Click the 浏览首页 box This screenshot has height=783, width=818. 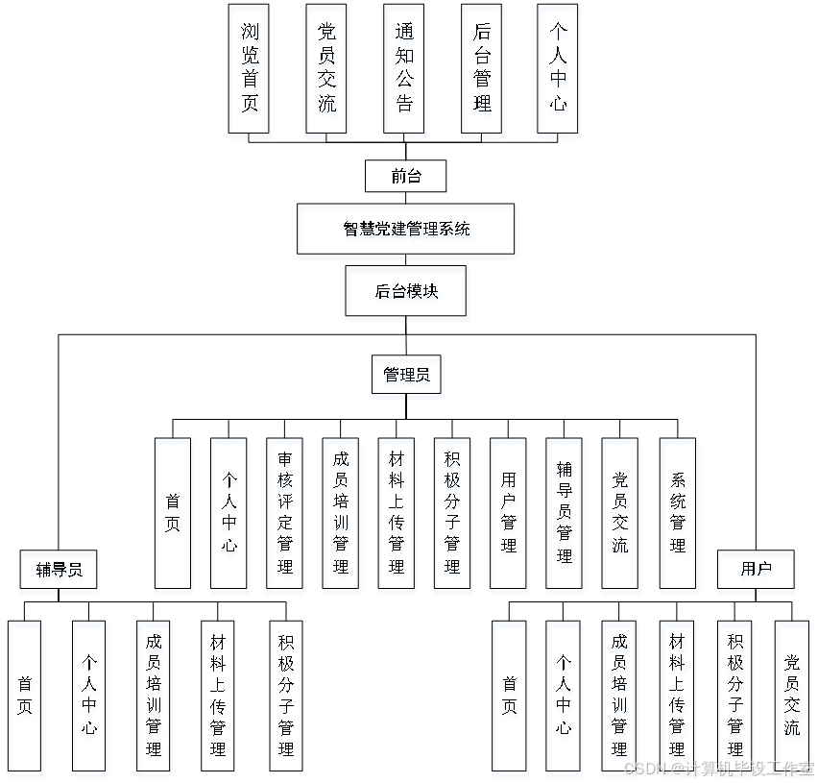tap(250, 72)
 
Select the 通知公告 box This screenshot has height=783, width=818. tap(405, 72)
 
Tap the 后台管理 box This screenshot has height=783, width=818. tap(483, 72)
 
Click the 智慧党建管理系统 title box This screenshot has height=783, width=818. tap(408, 232)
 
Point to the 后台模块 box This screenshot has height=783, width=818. tap(408, 294)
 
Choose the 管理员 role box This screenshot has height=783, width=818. tap(407, 378)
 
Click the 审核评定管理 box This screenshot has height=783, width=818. tap(285, 516)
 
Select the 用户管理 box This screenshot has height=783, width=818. tap(509, 516)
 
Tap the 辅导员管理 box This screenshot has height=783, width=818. tap(565, 516)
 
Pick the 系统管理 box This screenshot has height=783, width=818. tap(679, 516)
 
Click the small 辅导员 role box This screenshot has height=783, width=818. tap(60, 573)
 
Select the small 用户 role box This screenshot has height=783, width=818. tap(757, 573)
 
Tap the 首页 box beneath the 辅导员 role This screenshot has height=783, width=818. tap(26, 698)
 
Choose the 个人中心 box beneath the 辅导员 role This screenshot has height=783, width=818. tap(90, 698)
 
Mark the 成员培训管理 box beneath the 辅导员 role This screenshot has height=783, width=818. tap(154, 698)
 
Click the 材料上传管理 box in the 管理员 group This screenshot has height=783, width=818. tap(397, 516)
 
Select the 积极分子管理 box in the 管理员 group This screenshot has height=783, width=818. tap(453, 516)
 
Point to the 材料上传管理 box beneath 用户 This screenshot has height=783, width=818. tap(679, 698)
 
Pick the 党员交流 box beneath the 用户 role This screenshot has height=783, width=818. tap(793, 698)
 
